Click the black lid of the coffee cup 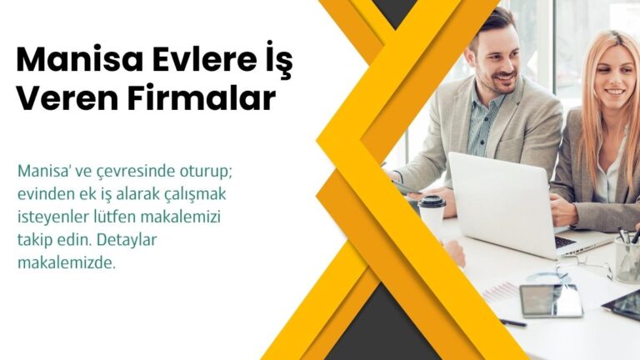(x=432, y=202)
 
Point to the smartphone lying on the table (x=551, y=300)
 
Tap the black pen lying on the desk (x=512, y=322)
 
